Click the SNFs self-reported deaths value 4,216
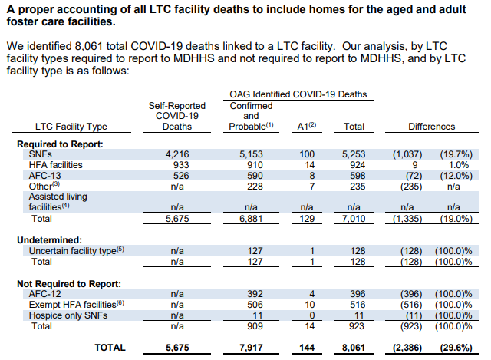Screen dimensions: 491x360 [x=177, y=154]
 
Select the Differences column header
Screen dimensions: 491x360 [x=431, y=126]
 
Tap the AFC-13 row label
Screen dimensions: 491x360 [x=44, y=176]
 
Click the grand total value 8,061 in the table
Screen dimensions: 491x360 [x=354, y=348]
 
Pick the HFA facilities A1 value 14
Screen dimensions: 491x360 [x=309, y=165]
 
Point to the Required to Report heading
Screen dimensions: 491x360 [x=60, y=144]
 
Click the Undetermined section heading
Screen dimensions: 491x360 [x=49, y=240]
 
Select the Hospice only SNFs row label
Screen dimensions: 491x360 [x=68, y=315]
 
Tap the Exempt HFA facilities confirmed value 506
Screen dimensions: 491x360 [x=255, y=305]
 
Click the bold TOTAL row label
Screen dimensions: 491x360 [x=110, y=348]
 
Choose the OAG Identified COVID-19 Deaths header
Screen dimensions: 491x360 [x=298, y=94]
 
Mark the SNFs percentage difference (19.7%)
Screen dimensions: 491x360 [x=456, y=154]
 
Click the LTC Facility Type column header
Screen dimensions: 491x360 [x=71, y=126]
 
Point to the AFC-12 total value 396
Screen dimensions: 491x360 [x=358, y=294]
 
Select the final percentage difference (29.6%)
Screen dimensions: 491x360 [x=456, y=348]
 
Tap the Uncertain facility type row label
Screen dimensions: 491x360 [x=77, y=251]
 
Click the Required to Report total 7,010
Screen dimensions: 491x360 [x=354, y=219]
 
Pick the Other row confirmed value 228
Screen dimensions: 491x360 [x=255, y=186]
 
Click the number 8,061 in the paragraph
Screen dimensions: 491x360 [x=89, y=46]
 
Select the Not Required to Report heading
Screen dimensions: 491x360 [x=69, y=284]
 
